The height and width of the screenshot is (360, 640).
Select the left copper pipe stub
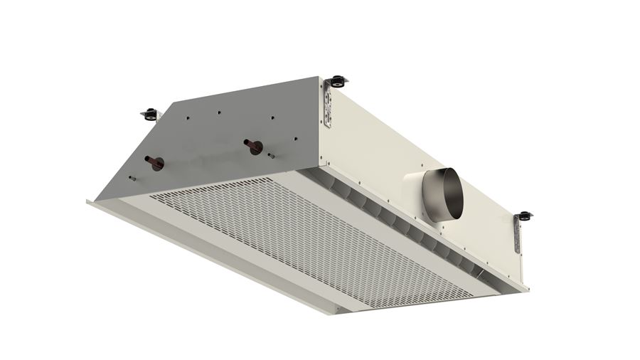click(154, 162)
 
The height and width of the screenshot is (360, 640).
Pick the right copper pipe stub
click(252, 147)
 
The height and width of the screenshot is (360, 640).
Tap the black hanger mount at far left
click(150, 113)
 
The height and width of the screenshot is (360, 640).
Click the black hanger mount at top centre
click(338, 80)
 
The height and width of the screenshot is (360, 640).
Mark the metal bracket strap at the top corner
click(327, 104)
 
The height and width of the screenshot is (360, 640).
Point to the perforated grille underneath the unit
click(299, 235)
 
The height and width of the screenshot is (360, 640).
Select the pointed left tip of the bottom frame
click(88, 201)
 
